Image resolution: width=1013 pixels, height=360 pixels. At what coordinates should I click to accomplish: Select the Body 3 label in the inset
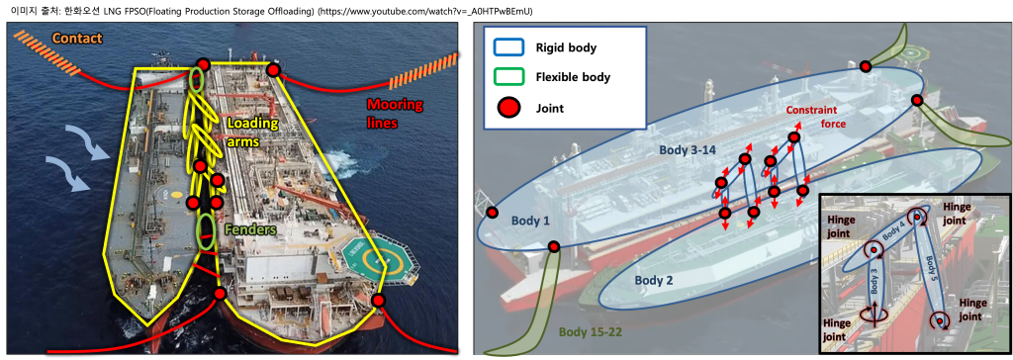[x=871, y=287]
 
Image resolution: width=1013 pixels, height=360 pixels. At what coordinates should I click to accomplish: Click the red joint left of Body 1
[x=493, y=213]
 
